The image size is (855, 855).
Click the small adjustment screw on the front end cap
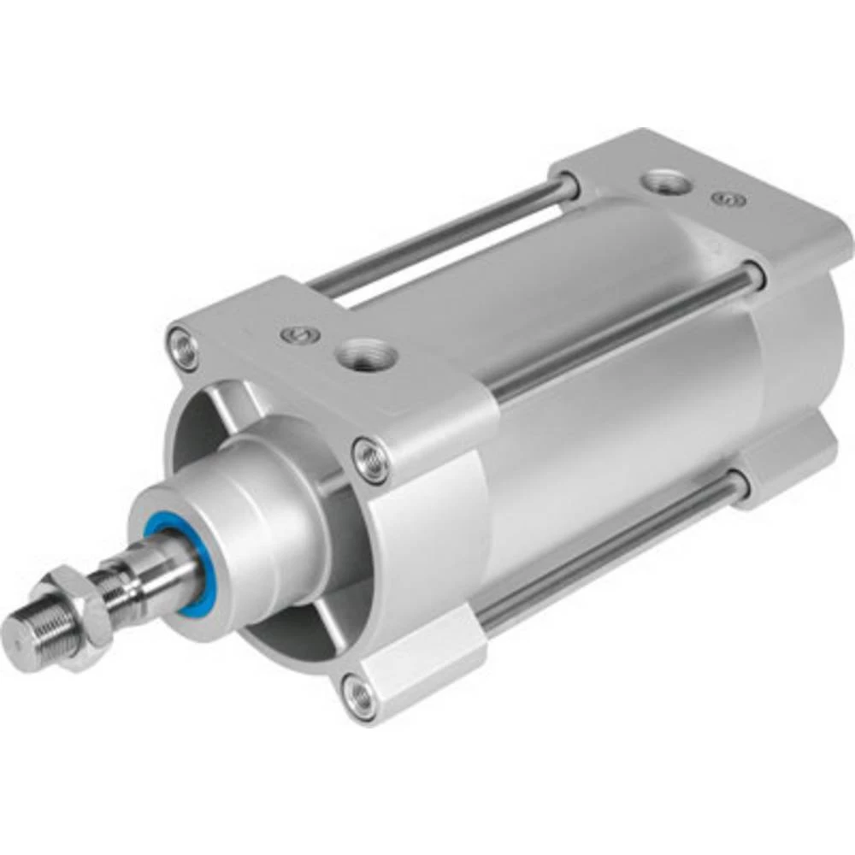pyautogui.click(x=295, y=331)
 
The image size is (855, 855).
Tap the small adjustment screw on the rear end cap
pyautogui.click(x=728, y=198)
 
